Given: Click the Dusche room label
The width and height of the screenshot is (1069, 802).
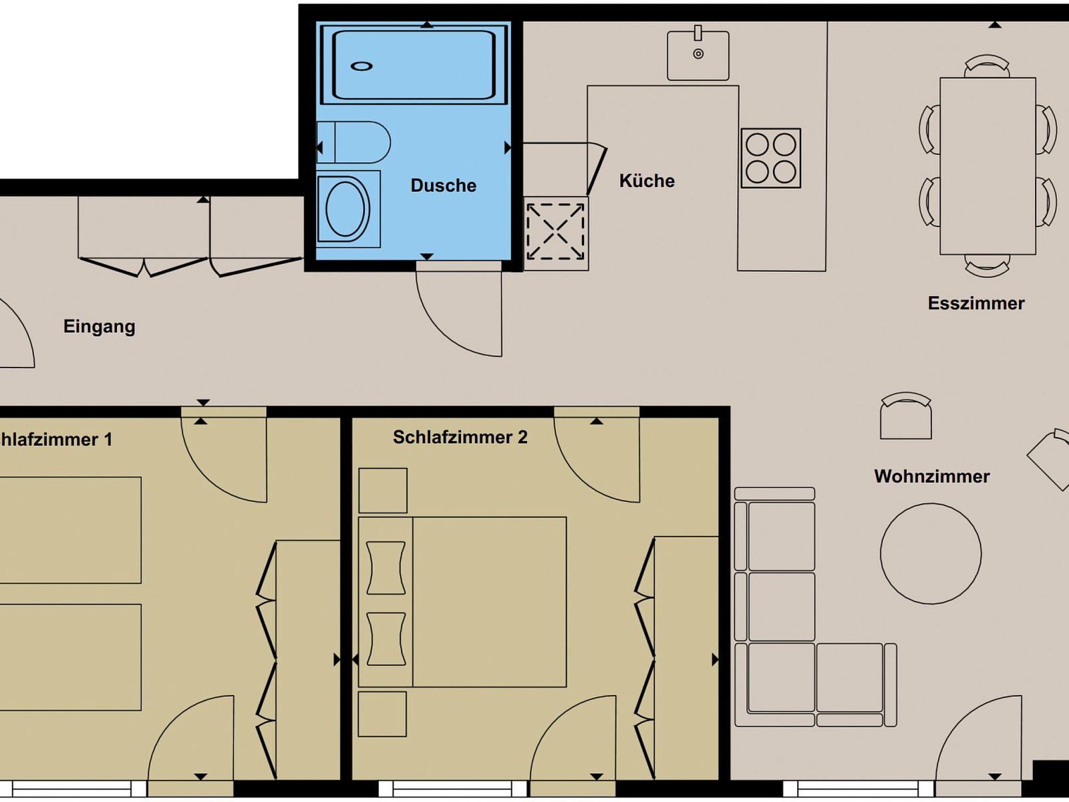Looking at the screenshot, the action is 443,186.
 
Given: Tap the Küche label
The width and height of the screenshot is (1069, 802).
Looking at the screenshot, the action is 647,180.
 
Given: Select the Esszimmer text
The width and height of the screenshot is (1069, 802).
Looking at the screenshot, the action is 976,303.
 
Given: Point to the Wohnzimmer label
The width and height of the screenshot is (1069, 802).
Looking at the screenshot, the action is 931,477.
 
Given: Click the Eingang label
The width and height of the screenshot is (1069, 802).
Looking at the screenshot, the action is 100,327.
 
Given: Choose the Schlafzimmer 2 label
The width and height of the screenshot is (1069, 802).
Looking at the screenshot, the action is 460,437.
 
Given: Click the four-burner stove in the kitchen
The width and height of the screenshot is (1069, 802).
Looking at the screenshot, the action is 770,158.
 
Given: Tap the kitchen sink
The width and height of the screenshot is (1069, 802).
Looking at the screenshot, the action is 698,53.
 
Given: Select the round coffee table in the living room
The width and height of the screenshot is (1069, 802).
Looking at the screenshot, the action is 931,553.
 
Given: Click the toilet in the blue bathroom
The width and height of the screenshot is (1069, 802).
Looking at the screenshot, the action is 353,142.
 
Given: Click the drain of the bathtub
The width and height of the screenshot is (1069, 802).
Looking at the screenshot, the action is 361,66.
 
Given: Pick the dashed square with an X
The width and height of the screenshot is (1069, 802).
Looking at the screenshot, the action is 555,232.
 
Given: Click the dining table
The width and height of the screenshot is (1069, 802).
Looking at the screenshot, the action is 987,166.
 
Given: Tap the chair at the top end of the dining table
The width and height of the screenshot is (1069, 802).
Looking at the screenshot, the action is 987,66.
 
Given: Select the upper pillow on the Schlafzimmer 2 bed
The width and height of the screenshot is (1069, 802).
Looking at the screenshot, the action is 386,568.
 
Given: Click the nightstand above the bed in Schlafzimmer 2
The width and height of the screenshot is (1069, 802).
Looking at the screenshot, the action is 383,491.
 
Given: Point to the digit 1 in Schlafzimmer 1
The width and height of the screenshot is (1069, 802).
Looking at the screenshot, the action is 108,440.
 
